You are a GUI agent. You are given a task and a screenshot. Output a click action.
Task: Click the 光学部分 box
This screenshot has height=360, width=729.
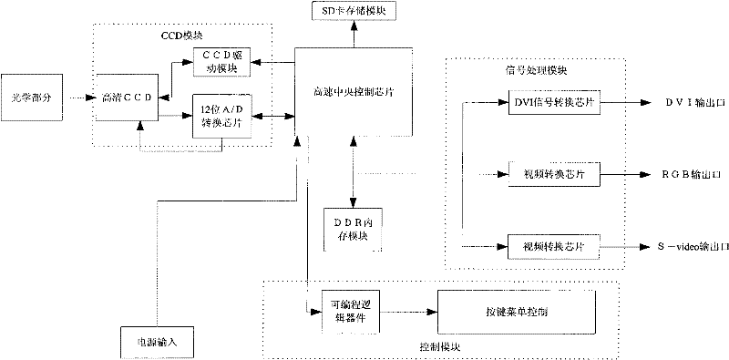coord(32,98)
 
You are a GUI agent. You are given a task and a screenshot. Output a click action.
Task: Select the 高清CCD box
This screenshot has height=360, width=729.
coord(127,98)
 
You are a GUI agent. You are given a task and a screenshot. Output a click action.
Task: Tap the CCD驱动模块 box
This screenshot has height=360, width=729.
coord(222,62)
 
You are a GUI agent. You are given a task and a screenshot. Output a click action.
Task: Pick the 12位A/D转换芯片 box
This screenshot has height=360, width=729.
coord(222,116)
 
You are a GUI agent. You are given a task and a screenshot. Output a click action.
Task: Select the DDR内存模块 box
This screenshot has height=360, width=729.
coord(353,229)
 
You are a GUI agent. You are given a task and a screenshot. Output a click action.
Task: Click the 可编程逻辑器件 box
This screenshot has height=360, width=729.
coord(351,312)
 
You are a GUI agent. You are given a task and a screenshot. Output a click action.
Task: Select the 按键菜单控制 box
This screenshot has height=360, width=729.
coord(516,312)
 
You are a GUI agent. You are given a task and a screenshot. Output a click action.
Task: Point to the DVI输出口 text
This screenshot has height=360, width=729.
coord(694,103)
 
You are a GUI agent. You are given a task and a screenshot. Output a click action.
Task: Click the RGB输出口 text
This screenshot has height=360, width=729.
coord(692,175)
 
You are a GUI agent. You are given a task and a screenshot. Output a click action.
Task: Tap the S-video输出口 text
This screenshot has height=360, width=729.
coord(693,247)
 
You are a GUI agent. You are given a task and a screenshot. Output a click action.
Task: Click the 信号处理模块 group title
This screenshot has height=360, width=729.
coord(536,71)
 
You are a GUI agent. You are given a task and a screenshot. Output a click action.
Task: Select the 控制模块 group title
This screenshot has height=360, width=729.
coord(440,347)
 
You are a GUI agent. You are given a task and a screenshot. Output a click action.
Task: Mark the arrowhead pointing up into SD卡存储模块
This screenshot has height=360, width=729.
coord(354,26)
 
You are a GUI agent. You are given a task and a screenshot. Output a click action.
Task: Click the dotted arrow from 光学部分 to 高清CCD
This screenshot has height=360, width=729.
coord(82,98)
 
